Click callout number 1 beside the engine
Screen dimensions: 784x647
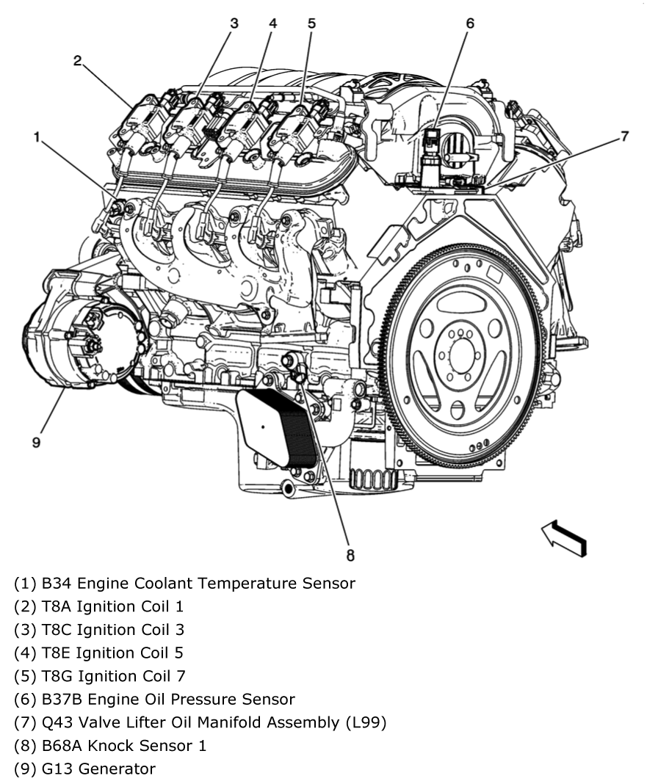pyautogui.click(x=36, y=137)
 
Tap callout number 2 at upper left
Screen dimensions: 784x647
pyautogui.click(x=77, y=60)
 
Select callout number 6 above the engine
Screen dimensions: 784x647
pyautogui.click(x=469, y=23)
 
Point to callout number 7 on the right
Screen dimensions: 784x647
pyautogui.click(x=624, y=137)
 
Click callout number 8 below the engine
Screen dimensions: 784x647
pyautogui.click(x=350, y=556)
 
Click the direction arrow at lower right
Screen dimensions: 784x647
pyautogui.click(x=563, y=538)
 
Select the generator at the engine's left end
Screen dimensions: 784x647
pyautogui.click(x=81, y=345)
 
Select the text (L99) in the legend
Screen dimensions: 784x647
pyautogui.click(x=366, y=722)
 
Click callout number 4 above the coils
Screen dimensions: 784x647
pyautogui.click(x=273, y=23)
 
